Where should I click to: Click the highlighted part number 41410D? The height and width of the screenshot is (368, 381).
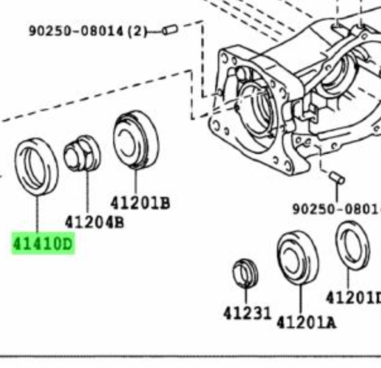point(43,243)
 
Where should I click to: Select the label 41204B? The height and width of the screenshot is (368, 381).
point(94,222)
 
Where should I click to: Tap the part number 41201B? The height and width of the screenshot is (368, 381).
point(140,203)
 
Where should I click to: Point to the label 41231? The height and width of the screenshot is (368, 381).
point(247,313)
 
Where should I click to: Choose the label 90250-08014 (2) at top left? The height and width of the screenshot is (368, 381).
point(88,31)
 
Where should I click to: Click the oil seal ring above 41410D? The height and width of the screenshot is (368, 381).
point(36,166)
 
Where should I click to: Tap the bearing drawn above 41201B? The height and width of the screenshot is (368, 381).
point(136,139)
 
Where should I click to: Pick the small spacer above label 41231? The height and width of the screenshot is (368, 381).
point(245,273)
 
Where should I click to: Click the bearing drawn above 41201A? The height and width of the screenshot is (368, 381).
point(298,258)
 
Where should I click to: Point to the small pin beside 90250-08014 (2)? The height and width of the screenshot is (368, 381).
point(170,30)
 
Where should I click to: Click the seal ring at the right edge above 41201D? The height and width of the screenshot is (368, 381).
point(353,245)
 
